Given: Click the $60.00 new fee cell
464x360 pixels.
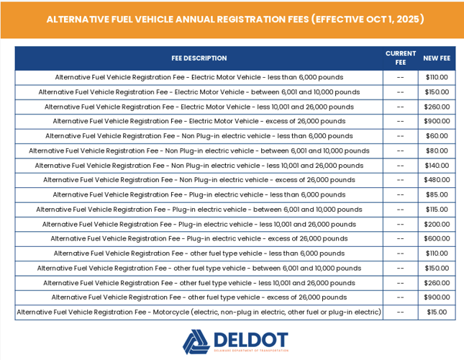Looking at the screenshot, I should coord(437,136).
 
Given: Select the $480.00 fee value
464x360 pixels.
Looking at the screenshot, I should coord(437,180).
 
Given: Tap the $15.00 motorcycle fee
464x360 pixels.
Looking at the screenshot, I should coord(437,312).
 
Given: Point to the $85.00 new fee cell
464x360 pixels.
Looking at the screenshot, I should coord(437,194).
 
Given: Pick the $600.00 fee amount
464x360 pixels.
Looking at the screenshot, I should coord(437,238).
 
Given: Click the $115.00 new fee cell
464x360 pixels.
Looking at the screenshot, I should coord(437,210).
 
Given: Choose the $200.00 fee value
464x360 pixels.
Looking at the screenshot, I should coord(437,224).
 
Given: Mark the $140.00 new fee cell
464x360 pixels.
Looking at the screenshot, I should coord(437,166).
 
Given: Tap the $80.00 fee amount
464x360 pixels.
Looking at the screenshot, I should coord(437,150).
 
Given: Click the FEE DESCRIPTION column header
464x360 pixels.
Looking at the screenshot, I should coord(199,58).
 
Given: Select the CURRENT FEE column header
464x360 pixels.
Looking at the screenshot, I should coord(401,58).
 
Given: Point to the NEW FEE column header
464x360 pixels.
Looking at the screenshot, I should coord(437,58).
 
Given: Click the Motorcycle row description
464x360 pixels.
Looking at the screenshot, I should coord(199,312).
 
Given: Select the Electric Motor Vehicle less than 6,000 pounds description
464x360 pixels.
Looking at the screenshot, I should coord(199,77).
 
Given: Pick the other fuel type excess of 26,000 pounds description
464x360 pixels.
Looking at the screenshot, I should coord(199,297).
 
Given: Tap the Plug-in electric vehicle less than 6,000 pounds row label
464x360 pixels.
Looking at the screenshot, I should coord(199,194).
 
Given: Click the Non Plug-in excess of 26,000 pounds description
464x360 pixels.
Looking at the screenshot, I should coord(199,180).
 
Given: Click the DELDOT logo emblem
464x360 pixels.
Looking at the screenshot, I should coord(195,342).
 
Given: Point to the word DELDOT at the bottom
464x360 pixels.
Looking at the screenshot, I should coord(250,339).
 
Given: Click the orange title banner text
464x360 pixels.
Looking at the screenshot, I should coord(235,19).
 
